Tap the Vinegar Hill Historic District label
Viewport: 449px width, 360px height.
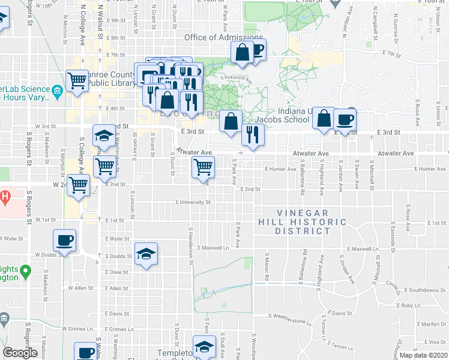tap(312, 222)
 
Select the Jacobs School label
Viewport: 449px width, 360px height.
tap(284, 119)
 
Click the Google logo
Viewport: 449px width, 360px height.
tap(20, 353)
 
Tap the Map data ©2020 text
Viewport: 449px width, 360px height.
tap(423, 355)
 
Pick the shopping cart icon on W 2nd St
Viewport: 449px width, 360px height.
tap(78, 185)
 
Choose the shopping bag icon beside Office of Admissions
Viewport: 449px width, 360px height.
tap(242, 53)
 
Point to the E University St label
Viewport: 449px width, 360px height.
tap(193, 203)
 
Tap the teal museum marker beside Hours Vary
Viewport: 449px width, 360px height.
tap(57, 92)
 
